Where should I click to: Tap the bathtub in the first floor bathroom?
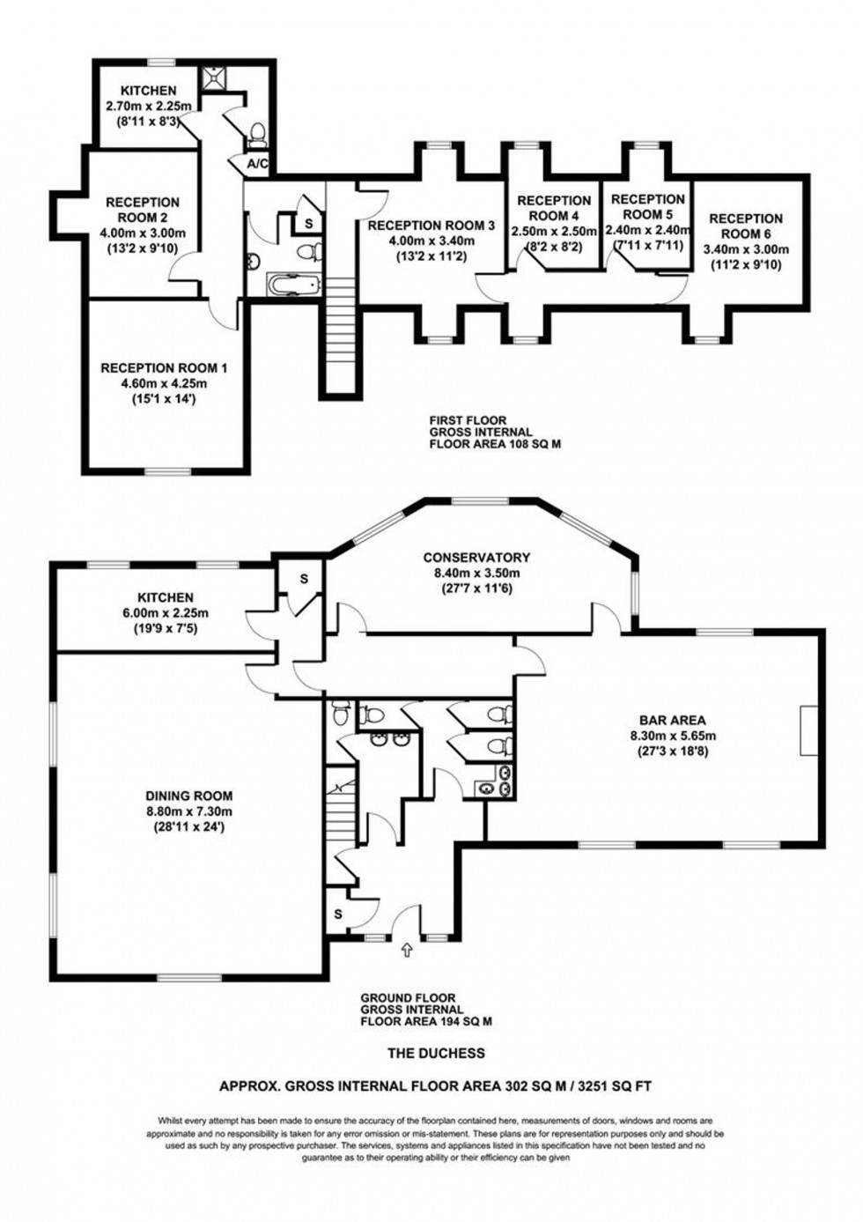[x=294, y=285]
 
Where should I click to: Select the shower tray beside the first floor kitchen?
[x=210, y=78]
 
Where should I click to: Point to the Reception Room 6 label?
[x=745, y=226]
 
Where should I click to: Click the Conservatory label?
[x=476, y=558]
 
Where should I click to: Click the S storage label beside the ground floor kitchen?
[x=304, y=579]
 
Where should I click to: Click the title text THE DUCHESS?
[x=437, y=1053]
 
